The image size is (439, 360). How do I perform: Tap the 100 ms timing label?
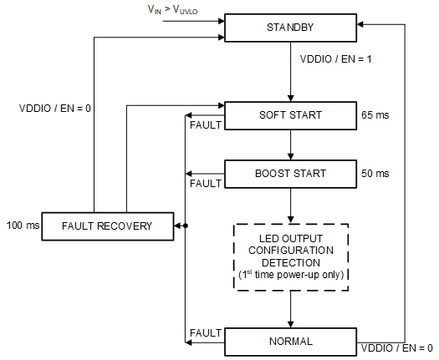(23, 226)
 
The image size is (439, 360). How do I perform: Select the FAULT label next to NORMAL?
(204, 332)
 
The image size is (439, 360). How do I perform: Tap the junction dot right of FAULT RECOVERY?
(185, 226)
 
